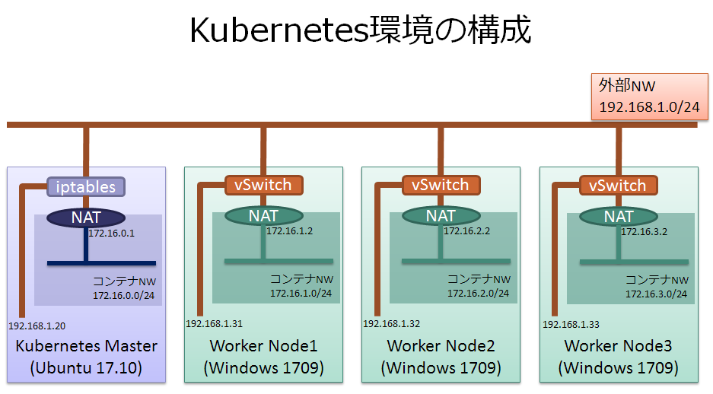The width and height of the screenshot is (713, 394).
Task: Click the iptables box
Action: [x=86, y=186]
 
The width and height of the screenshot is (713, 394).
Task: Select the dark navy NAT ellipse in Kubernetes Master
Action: [x=86, y=217]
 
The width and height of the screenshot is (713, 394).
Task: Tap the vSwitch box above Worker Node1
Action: [x=263, y=185]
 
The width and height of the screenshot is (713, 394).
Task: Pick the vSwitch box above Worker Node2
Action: [x=441, y=185]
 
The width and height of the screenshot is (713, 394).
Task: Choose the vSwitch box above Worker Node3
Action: [x=619, y=185]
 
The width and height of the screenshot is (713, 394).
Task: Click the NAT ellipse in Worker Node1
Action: [x=263, y=216]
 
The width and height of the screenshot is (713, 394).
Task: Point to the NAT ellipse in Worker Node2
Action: [x=441, y=216]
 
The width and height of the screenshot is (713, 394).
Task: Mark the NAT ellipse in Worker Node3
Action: [x=619, y=216]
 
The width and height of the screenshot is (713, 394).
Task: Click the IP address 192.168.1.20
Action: [x=37, y=326]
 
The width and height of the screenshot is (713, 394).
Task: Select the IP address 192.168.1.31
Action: [x=214, y=323]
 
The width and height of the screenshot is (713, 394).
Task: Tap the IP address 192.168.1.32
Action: [x=391, y=323]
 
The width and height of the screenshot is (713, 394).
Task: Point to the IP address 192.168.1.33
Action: [x=570, y=324]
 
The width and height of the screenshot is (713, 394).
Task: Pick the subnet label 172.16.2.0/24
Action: [x=478, y=293]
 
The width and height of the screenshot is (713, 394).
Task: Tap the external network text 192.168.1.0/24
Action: [x=649, y=106]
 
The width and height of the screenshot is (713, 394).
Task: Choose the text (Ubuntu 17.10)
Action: [x=86, y=369]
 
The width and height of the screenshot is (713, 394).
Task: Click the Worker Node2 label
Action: [x=441, y=346]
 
